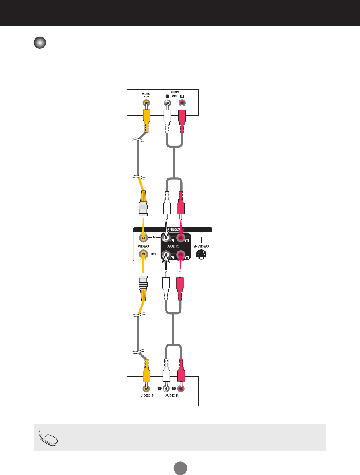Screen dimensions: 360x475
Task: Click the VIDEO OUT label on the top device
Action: point(146,95)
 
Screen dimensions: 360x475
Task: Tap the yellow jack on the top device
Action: point(146,104)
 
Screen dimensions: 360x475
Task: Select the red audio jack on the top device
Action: point(182,104)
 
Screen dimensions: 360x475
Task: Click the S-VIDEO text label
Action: point(201,247)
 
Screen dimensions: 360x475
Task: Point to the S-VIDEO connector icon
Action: point(201,255)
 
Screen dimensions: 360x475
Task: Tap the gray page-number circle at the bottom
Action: point(180,467)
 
